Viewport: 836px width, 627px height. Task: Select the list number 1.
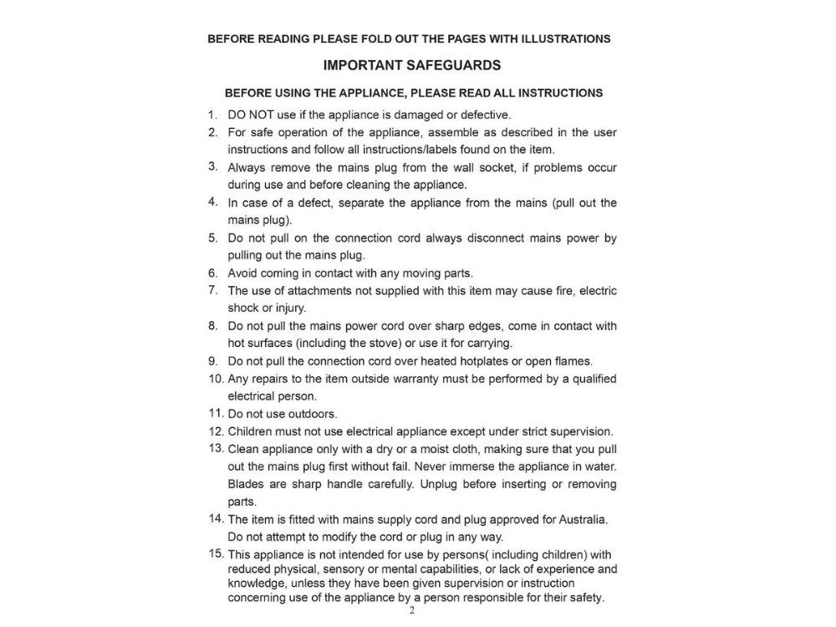click(x=213, y=115)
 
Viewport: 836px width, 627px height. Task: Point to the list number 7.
click(x=213, y=290)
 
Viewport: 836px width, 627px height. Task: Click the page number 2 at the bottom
click(x=411, y=610)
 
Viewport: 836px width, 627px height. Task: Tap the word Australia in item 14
click(x=584, y=519)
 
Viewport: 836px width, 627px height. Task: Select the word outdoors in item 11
click(x=313, y=414)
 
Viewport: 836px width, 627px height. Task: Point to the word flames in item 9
click(x=573, y=361)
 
